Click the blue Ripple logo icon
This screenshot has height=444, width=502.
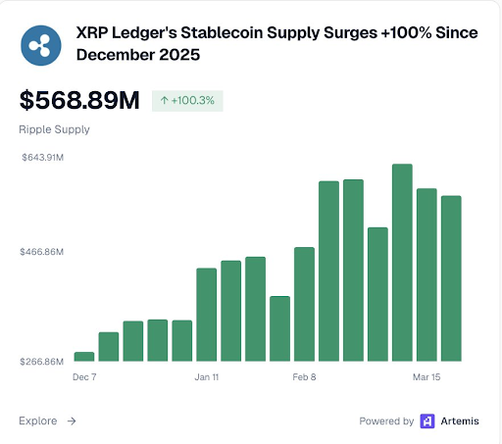[x=41, y=45]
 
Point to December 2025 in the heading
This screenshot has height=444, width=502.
[x=138, y=56]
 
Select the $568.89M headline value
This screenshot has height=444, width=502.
[x=80, y=101]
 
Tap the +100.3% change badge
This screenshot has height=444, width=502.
[x=187, y=101]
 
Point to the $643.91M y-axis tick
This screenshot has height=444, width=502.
[x=43, y=158]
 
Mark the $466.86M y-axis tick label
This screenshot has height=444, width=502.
[x=42, y=252]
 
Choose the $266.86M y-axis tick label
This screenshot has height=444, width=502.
[x=42, y=362]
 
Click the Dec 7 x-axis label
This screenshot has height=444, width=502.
[x=85, y=375]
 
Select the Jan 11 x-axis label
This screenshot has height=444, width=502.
[x=207, y=375]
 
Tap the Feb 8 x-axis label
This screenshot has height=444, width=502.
[x=304, y=375]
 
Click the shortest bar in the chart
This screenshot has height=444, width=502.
[x=84, y=356]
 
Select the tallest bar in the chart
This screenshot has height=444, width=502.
[x=402, y=262]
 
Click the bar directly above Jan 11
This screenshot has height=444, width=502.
[x=207, y=314]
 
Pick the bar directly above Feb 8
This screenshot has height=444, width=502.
[x=304, y=304]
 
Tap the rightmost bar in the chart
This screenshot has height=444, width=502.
[x=451, y=278]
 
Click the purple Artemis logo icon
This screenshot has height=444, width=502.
[x=427, y=421]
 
